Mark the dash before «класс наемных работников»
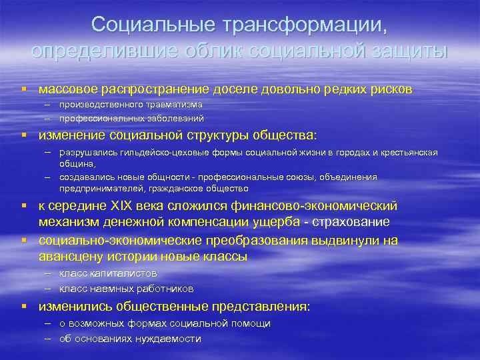coord(50,289)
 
